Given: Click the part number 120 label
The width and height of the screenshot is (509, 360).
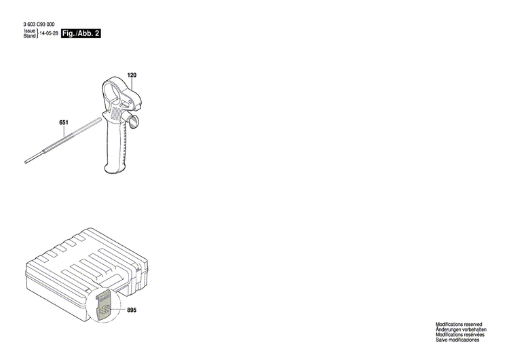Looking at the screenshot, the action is pos(132,74).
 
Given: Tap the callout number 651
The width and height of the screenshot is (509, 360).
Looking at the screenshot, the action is pos(64,122).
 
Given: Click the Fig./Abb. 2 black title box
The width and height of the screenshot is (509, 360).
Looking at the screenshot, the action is pos(81,32).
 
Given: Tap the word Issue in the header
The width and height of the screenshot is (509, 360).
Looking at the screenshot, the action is pos(29,31).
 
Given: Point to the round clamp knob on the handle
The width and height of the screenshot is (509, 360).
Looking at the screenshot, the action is pos(134,122).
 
